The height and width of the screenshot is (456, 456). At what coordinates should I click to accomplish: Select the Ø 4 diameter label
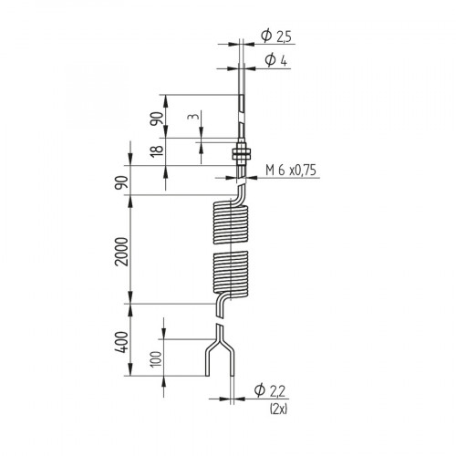275,59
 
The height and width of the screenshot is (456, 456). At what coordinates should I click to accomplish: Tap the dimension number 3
192,119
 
